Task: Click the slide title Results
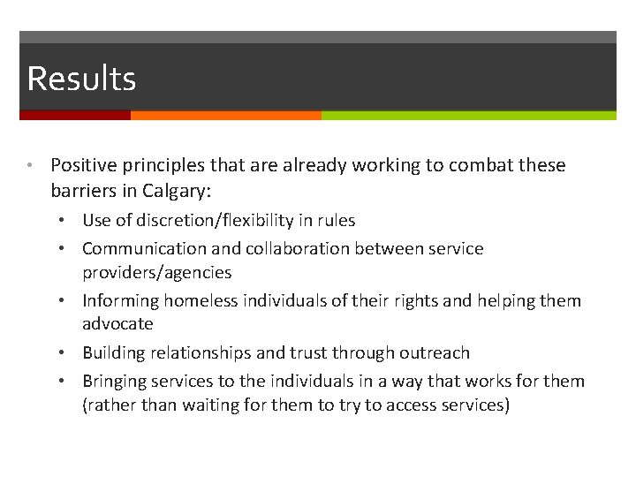(x=81, y=79)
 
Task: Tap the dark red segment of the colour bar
(x=75, y=115)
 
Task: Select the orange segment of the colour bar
(x=225, y=115)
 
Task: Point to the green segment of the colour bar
(x=468, y=115)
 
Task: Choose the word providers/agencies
(x=156, y=272)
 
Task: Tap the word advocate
(x=117, y=324)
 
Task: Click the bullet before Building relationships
(x=70, y=353)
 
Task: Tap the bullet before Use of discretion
(x=70, y=221)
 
